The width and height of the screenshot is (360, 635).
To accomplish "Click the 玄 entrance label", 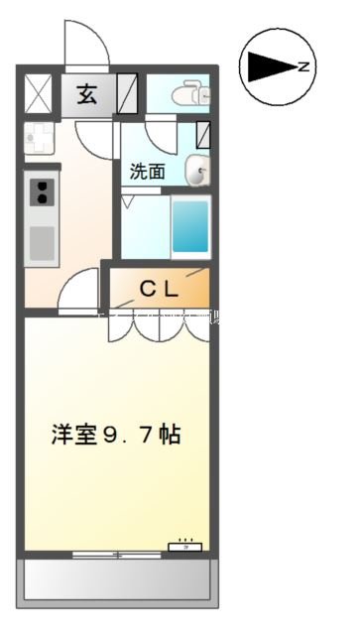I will coord(87,96).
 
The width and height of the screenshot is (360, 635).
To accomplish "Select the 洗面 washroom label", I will coord(146,170).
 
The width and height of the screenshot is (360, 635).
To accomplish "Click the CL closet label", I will coord(158,290).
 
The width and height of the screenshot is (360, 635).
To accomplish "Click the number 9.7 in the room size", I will coord(133,435).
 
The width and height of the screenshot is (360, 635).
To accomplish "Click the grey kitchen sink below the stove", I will coord(42,240).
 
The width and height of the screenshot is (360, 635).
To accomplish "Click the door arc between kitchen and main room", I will coord(79,293).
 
